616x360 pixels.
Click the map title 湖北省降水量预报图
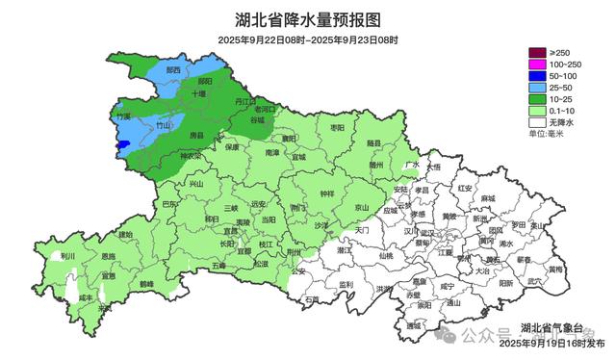(x=307, y=19)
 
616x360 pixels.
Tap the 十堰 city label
(x=198, y=95)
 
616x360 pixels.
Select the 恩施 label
(x=108, y=256)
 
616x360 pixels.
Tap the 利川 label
(x=67, y=257)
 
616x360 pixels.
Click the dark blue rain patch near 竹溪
(x=122, y=146)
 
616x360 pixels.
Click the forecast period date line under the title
(x=307, y=39)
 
